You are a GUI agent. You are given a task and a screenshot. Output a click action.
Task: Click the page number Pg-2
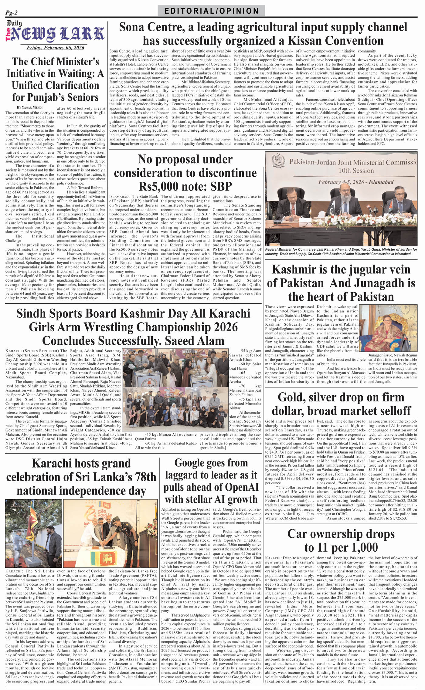pyautogui.click(x=12, y=12)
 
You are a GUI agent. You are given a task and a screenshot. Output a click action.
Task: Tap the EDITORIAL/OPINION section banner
pyautogui.click(x=211, y=11)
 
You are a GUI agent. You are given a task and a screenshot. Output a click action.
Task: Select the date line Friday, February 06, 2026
pyautogui.click(x=55, y=48)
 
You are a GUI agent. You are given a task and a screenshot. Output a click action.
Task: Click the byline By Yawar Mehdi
pyautogui.click(x=30, y=107)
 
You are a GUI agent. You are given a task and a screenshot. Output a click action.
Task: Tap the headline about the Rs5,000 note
pyautogui.click(x=185, y=172)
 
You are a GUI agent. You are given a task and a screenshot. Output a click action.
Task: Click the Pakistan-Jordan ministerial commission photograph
pyautogui.click(x=341, y=199)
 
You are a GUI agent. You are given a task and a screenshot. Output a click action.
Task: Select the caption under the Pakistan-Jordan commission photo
pyautogui.click(x=341, y=252)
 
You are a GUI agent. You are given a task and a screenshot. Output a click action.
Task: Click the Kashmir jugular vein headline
pyautogui.click(x=341, y=283)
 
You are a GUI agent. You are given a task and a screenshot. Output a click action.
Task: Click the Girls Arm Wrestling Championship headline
pyautogui.click(x=133, y=327)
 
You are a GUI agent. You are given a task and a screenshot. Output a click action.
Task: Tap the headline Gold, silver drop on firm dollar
pyautogui.click(x=341, y=404)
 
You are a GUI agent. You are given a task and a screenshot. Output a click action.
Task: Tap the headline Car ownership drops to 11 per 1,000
pyautogui.click(x=341, y=541)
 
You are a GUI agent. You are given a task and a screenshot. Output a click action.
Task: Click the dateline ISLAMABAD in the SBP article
pyautogui.click(x=120, y=197)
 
